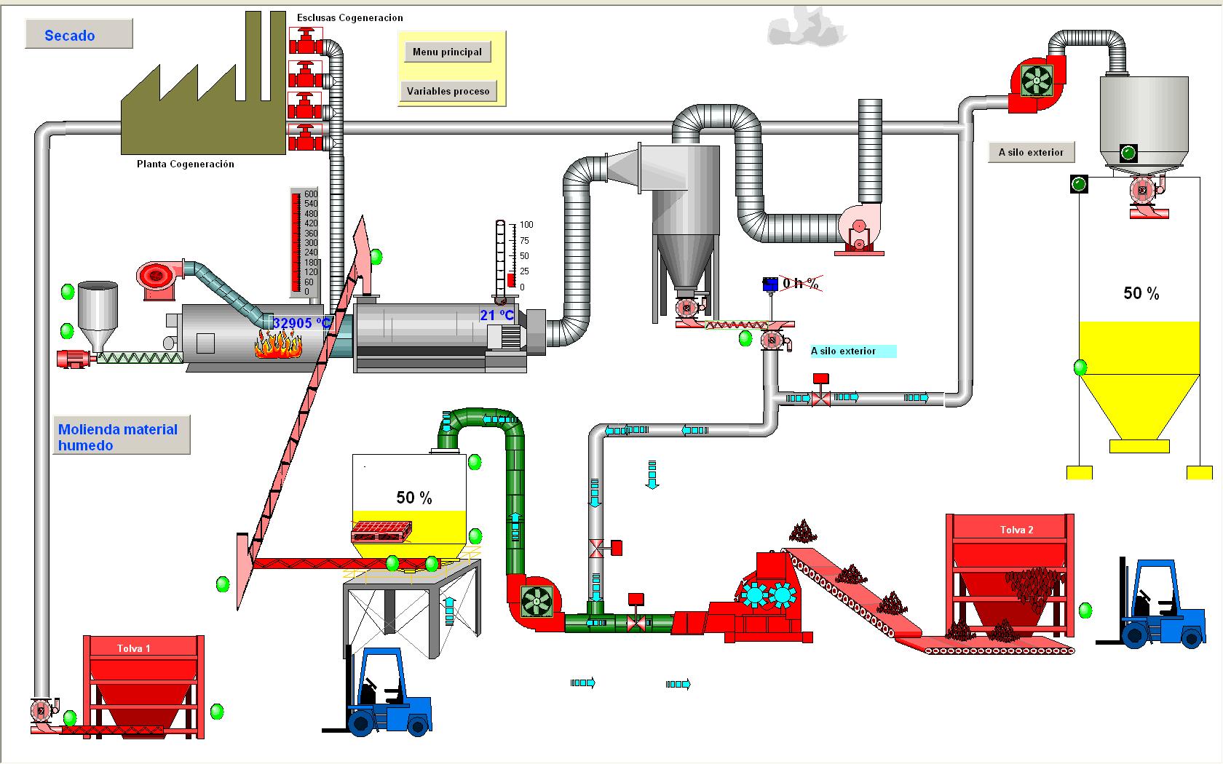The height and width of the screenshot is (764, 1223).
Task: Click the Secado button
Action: tap(79, 34)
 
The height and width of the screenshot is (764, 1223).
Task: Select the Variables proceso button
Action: tap(448, 91)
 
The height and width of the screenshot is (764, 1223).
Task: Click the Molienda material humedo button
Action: tap(121, 436)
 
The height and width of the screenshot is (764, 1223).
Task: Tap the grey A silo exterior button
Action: tap(1031, 152)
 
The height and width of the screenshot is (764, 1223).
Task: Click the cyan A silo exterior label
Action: tap(852, 351)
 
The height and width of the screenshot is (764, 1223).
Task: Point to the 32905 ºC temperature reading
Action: tap(301, 323)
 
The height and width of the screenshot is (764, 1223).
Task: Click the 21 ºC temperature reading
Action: tap(497, 315)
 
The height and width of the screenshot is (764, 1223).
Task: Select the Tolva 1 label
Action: tap(134, 648)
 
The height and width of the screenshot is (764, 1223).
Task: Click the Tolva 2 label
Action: tap(1016, 530)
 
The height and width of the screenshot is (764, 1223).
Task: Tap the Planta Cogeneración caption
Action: tap(186, 164)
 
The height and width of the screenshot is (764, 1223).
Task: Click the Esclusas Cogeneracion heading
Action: tap(349, 17)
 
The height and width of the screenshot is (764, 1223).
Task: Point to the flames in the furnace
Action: tap(278, 343)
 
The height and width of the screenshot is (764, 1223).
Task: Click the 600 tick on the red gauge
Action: tap(310, 194)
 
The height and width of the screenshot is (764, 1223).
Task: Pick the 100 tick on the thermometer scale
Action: tap(526, 225)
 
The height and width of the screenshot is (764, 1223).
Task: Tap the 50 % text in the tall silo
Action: tap(1141, 293)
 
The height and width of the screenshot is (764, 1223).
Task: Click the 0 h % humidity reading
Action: tap(800, 283)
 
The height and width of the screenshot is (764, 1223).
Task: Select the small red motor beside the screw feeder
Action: tap(73, 358)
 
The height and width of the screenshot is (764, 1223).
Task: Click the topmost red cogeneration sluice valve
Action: tap(306, 39)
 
